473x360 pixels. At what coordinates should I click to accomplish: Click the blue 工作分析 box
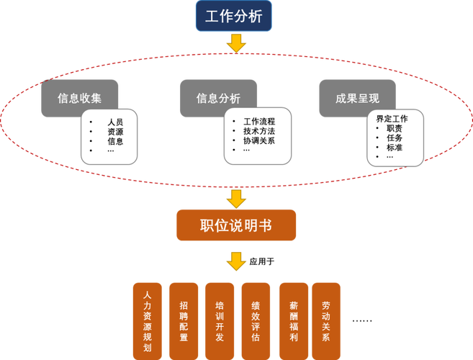(235, 17)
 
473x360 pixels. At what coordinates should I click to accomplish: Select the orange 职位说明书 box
(235, 225)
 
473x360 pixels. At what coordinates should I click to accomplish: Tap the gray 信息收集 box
(79, 98)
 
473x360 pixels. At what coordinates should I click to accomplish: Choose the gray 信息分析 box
(218, 98)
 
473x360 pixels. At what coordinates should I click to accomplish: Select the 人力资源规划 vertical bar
(147, 320)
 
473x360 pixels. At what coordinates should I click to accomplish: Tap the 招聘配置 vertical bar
(184, 320)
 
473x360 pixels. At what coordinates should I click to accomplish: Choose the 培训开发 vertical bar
(220, 320)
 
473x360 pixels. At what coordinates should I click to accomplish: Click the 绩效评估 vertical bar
(256, 320)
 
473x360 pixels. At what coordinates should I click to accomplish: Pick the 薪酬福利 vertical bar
(292, 320)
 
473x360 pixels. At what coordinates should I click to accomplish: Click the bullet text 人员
(115, 122)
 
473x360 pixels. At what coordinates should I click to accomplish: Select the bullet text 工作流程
(259, 122)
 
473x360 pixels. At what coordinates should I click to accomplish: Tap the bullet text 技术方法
(259, 131)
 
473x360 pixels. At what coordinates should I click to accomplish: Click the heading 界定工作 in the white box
(392, 118)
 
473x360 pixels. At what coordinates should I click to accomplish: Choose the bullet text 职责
(395, 127)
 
